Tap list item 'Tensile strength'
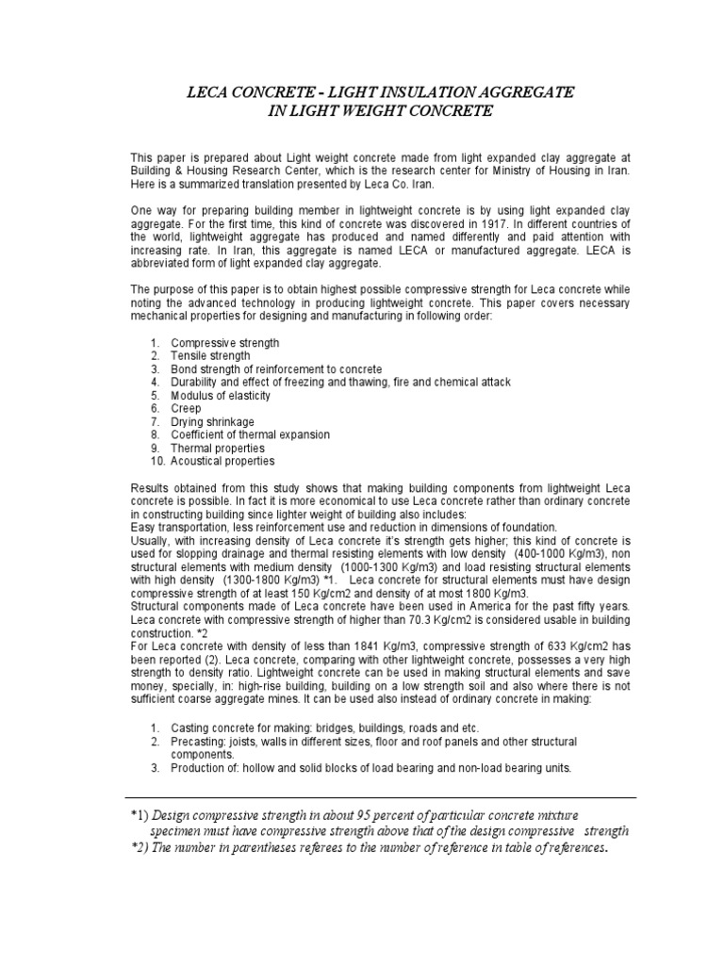[210, 356]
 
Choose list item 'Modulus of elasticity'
[222, 396]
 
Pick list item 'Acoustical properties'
[222, 462]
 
